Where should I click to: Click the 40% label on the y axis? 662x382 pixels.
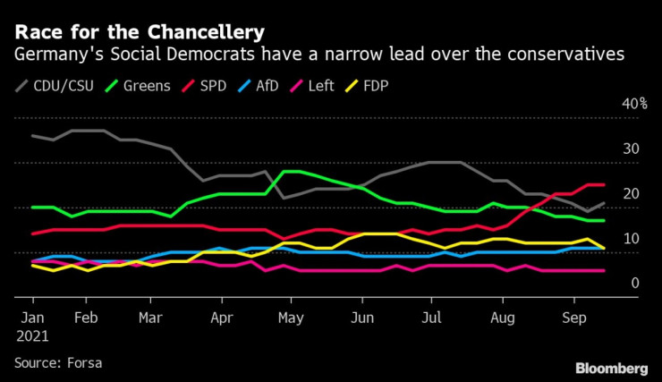pos(634,104)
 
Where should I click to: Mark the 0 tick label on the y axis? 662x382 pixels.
pos(634,284)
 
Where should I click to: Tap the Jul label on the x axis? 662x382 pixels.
pos(432,318)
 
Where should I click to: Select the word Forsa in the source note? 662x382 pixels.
pos(88,362)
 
